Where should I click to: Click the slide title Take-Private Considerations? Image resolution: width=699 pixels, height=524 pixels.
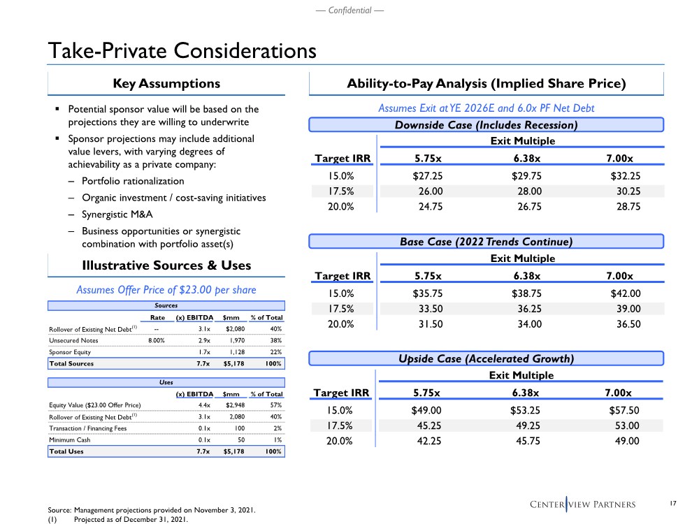pos(182,51)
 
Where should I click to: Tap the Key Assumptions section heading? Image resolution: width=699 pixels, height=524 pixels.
pos(166,84)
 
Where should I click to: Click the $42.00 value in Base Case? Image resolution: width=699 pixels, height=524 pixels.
pos(626,293)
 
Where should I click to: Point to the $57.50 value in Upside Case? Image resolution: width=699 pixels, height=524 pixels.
pos(626,410)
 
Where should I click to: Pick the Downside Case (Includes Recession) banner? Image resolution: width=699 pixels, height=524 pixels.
pos(487,125)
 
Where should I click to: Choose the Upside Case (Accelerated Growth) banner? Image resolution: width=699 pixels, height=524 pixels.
pos(487,359)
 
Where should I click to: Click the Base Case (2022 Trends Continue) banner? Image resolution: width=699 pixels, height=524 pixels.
pos(487,242)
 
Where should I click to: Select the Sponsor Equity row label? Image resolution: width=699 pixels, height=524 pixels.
pos(69,352)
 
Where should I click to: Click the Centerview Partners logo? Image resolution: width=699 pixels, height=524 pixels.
pos(591,504)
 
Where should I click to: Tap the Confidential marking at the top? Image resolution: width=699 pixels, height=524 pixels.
pos(349,10)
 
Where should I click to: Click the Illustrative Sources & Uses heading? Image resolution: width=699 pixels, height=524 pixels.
pos(166,265)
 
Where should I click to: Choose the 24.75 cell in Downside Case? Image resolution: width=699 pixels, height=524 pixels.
pos(428,207)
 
